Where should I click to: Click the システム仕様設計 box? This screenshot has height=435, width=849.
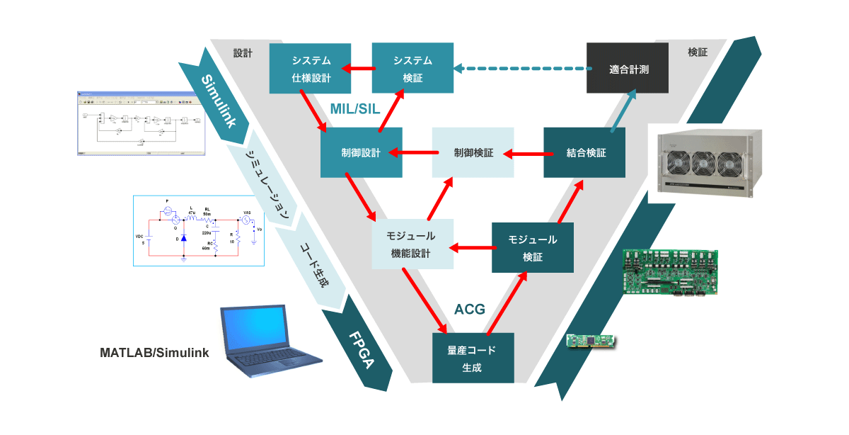(x=311, y=68)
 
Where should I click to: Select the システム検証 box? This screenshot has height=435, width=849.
(x=413, y=68)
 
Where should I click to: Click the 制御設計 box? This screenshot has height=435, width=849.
(x=361, y=153)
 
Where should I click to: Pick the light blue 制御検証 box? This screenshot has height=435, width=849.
(x=473, y=153)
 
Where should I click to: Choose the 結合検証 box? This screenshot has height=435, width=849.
(x=584, y=153)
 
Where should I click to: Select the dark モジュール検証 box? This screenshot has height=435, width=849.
(x=533, y=248)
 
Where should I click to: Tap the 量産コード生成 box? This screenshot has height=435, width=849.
(x=473, y=358)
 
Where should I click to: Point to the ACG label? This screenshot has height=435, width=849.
(x=468, y=310)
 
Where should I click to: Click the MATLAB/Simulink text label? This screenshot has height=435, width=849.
(x=154, y=352)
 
